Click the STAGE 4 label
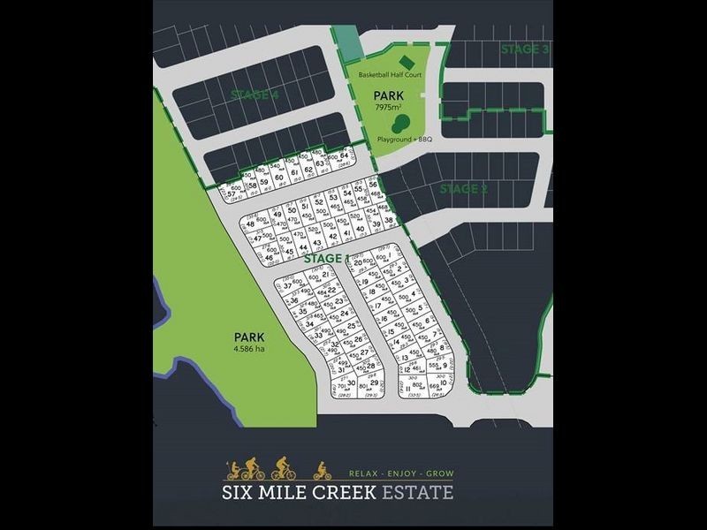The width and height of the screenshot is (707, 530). [255, 95]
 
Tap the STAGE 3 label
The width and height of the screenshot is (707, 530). [525, 49]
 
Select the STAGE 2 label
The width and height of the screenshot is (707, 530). [464, 188]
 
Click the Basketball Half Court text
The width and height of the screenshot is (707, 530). [390, 75]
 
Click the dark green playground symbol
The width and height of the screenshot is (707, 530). [399, 125]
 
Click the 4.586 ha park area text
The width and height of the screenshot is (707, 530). [249, 349]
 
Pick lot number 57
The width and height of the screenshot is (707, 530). [232, 193]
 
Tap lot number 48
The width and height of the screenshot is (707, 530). [250, 224]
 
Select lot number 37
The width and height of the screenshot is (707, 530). [287, 284]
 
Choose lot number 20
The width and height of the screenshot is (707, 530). [357, 262]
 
